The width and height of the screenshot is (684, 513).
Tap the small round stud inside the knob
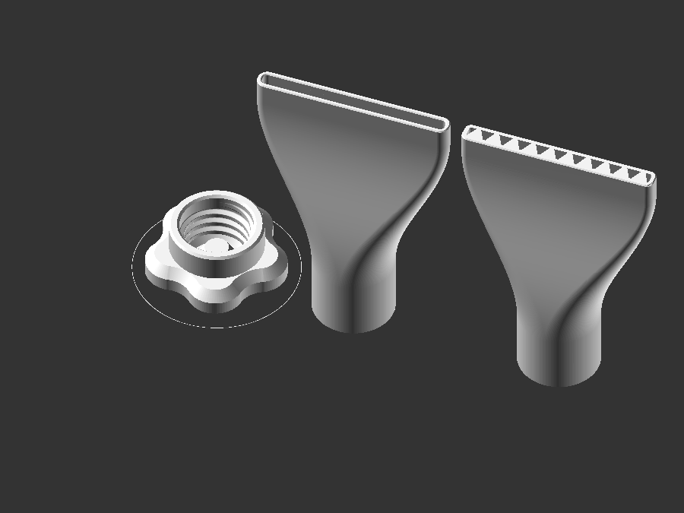[216, 245]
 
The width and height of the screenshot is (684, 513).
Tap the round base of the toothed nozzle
[559, 361]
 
